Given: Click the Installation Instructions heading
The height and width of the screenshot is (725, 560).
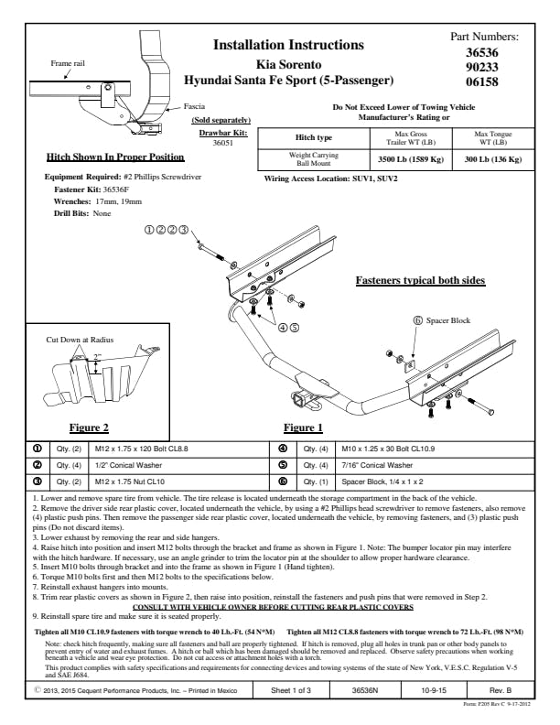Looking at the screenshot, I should [288, 45].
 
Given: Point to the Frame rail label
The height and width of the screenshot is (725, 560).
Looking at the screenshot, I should [66, 63].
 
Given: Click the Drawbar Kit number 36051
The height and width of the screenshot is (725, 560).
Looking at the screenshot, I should [222, 144].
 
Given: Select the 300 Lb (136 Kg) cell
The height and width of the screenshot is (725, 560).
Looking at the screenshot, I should [492, 159].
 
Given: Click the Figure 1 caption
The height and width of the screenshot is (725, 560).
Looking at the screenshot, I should [303, 427].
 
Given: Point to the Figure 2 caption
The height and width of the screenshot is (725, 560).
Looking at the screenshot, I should [90, 427].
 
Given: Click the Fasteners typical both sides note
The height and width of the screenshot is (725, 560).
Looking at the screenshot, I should [420, 280].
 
